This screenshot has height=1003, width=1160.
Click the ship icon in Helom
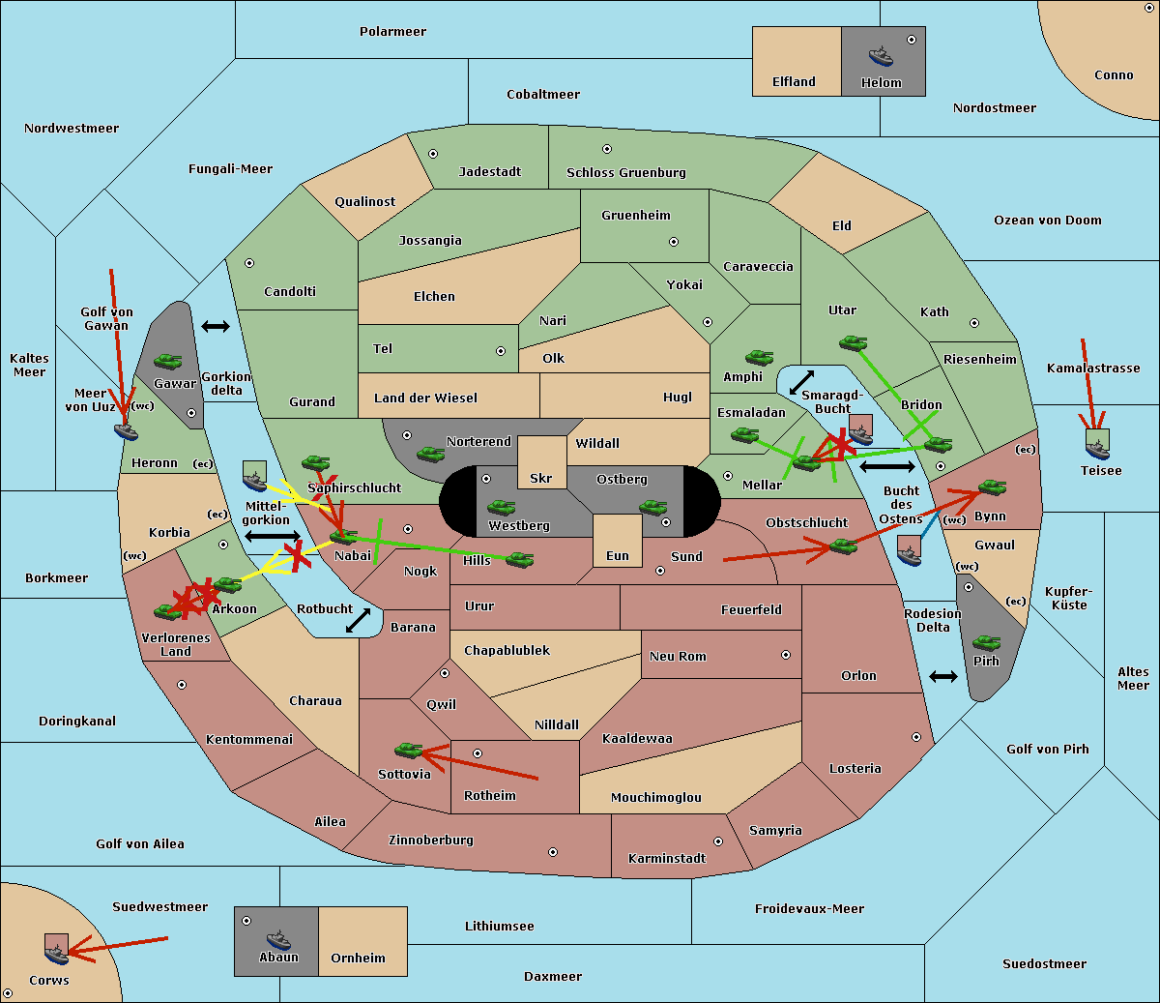pyautogui.click(x=881, y=55)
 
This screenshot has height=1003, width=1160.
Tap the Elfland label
pyautogui.click(x=794, y=82)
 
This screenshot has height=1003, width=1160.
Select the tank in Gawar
pyautogui.click(x=168, y=361)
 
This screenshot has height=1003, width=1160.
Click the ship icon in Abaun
pyautogui.click(x=278, y=939)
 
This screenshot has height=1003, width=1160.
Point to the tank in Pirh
pyautogui.click(x=986, y=643)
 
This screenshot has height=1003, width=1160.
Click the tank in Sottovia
pyautogui.click(x=409, y=751)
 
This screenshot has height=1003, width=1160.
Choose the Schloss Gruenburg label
pyautogui.click(x=625, y=173)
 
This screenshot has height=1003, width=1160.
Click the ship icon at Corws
pyautogui.click(x=57, y=952)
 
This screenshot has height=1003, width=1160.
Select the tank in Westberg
pyautogui.click(x=501, y=508)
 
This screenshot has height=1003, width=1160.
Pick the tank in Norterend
pyautogui.click(x=430, y=454)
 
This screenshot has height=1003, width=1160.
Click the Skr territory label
pyautogui.click(x=540, y=479)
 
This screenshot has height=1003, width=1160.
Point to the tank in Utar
pyautogui.click(x=853, y=342)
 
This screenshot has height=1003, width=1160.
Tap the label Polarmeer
pyautogui.click(x=392, y=32)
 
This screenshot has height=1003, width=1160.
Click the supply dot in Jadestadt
pyautogui.click(x=433, y=154)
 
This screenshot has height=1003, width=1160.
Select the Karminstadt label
pyautogui.click(x=667, y=859)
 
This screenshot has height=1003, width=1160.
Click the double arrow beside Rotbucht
pyautogui.click(x=359, y=621)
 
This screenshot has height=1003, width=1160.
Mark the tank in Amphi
pyautogui.click(x=759, y=359)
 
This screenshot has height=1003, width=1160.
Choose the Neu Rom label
pyautogui.click(x=678, y=657)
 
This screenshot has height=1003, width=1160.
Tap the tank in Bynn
pyautogui.click(x=992, y=487)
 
